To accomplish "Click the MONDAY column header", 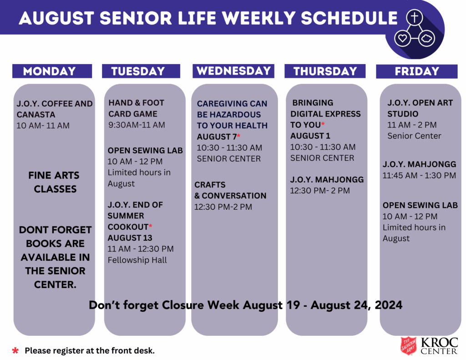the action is click(x=52, y=71).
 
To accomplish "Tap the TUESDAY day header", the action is click(x=141, y=71).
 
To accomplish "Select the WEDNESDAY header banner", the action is click(x=233, y=71).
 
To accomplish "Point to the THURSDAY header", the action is click(x=325, y=71).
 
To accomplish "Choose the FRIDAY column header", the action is click(x=417, y=71).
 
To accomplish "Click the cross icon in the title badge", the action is click(x=415, y=17).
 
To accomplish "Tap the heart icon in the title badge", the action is click(x=403, y=38).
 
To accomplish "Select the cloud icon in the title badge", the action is click(x=426, y=38).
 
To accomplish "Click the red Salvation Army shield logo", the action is click(x=409, y=346).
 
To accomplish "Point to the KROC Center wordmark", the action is click(x=439, y=346).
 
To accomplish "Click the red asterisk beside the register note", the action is click(x=15, y=351).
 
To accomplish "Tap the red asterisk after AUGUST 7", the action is click(x=238, y=136).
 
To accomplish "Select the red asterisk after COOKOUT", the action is click(x=150, y=226).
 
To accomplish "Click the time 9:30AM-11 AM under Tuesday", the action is click(x=137, y=125).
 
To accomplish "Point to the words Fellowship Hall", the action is click(x=137, y=260).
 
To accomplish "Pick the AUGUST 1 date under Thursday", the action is click(x=310, y=136).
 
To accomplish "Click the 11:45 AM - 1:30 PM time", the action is click(x=419, y=175).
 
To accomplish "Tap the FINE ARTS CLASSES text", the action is click(x=54, y=182).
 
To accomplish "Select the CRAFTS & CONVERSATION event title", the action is click(x=230, y=190).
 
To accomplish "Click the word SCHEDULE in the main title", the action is click(x=349, y=18).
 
